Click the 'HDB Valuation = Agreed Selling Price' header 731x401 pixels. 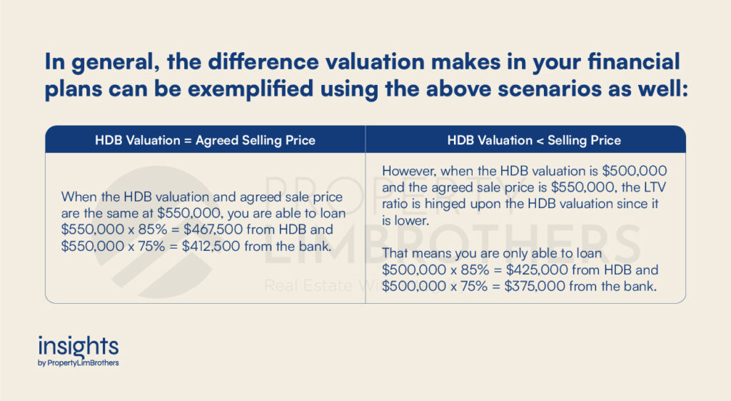point(205,141)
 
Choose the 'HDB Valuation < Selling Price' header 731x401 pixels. point(534,141)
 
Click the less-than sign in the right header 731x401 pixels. point(540,141)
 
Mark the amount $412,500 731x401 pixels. point(211,246)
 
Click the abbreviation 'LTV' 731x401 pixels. point(655,187)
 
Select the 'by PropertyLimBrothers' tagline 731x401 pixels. point(79,362)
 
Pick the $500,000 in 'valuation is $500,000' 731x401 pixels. point(635,171)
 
